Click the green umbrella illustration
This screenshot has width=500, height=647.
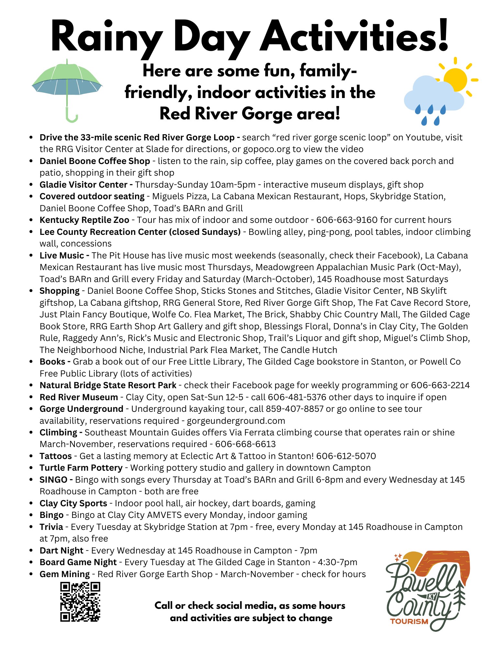pyautogui.click(x=67, y=84)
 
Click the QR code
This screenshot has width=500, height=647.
pyautogui.click(x=80, y=602)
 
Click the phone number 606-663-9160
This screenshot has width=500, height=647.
pyautogui.click(x=347, y=220)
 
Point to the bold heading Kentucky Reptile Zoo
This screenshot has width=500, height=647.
pyautogui.click(x=84, y=220)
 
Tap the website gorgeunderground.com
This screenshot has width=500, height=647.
pyautogui.click(x=236, y=421)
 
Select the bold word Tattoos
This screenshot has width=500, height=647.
pyautogui.click(x=56, y=456)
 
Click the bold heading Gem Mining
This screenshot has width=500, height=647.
pyautogui.click(x=65, y=574)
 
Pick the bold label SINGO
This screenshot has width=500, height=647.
pyautogui.click(x=54, y=480)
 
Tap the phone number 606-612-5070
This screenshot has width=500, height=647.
pyautogui.click(x=346, y=456)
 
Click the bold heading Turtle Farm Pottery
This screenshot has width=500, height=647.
pyautogui.click(x=81, y=468)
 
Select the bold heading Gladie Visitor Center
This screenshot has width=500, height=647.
pyautogui.click(x=83, y=185)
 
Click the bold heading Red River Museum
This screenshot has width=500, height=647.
pyautogui.click(x=79, y=397)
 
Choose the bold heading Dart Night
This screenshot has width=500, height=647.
pyautogui.click(x=61, y=551)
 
